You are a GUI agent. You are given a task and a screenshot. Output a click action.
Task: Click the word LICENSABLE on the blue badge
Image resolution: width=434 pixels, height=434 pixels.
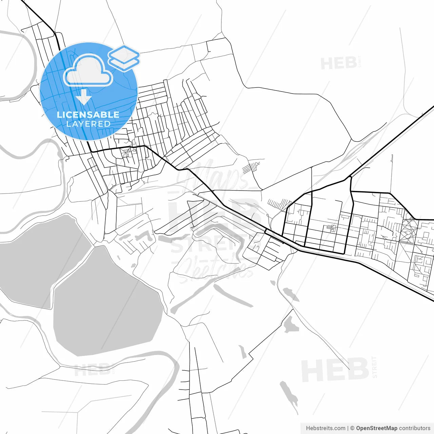click(x=88, y=115)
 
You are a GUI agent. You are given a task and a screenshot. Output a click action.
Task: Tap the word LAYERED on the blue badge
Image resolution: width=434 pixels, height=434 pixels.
click(x=88, y=124)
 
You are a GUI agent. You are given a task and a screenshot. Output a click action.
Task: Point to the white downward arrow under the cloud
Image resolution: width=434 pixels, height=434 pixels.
click(x=83, y=99)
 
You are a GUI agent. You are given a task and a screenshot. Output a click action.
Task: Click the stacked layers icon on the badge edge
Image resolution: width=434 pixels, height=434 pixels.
click(x=124, y=58)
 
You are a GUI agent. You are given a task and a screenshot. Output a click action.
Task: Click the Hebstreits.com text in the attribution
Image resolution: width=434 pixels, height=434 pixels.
click(x=325, y=428)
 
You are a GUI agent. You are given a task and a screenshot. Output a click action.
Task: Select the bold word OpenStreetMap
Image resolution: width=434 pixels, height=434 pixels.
click(x=376, y=428)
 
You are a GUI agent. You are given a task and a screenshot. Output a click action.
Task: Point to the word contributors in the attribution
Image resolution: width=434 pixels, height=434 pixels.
click(x=414, y=428)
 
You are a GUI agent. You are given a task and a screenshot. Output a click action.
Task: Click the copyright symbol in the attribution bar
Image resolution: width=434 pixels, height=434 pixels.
click(x=352, y=428)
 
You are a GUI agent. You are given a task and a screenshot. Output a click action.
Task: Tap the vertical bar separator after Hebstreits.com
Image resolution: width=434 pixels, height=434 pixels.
click(x=348, y=428)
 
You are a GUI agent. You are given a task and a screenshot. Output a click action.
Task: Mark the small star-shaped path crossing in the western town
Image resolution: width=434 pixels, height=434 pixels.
click(x=126, y=153)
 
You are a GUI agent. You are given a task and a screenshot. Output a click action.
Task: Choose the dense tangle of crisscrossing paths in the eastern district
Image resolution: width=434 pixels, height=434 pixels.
click(x=409, y=231)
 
